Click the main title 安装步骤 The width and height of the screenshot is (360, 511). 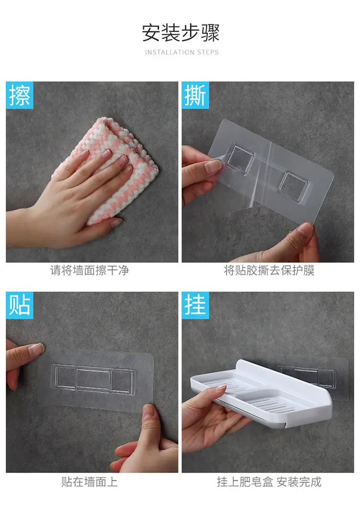click(180, 33)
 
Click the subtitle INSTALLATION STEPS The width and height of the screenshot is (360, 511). click(181, 52)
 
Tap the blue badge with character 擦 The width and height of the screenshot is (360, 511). click(20, 95)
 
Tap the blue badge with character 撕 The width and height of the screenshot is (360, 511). click(195, 95)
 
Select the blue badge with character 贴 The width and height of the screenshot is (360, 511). click(20, 305)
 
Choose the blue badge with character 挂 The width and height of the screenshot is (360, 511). click(195, 305)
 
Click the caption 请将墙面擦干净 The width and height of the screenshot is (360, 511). click(89, 270)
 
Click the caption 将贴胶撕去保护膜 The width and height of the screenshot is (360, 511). click(269, 270)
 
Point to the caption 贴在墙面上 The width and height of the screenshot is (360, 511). click(89, 482)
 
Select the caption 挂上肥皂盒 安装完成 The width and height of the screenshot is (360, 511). click(269, 482)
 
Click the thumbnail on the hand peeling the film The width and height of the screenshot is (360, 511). click(213, 167)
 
